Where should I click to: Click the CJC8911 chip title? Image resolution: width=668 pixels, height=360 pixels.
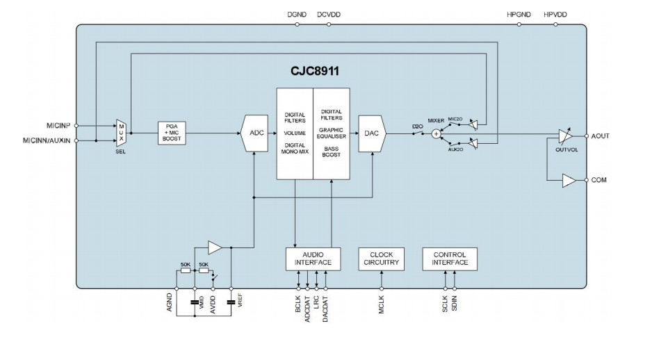point(314,72)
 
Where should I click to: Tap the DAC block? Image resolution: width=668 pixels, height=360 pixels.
point(372,133)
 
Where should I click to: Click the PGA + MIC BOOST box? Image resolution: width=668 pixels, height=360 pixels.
point(172,133)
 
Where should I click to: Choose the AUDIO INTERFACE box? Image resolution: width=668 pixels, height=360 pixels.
point(313,259)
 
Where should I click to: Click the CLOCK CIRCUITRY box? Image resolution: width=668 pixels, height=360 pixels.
point(382,259)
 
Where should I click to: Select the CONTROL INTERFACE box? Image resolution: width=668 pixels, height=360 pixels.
point(450,259)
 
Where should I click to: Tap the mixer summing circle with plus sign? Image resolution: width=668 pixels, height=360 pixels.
point(436,134)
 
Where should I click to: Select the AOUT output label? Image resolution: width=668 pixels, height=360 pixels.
point(600,136)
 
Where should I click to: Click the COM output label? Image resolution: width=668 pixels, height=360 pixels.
point(598,180)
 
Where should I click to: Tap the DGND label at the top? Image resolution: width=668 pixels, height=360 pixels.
point(297,15)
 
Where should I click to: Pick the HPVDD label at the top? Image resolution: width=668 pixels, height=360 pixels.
point(555,15)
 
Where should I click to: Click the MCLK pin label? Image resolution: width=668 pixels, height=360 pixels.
point(382,304)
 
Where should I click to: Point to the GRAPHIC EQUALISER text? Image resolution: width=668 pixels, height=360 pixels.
point(331,133)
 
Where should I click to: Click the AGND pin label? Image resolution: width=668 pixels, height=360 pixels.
point(170,303)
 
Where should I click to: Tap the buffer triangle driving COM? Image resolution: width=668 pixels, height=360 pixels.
point(569,181)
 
